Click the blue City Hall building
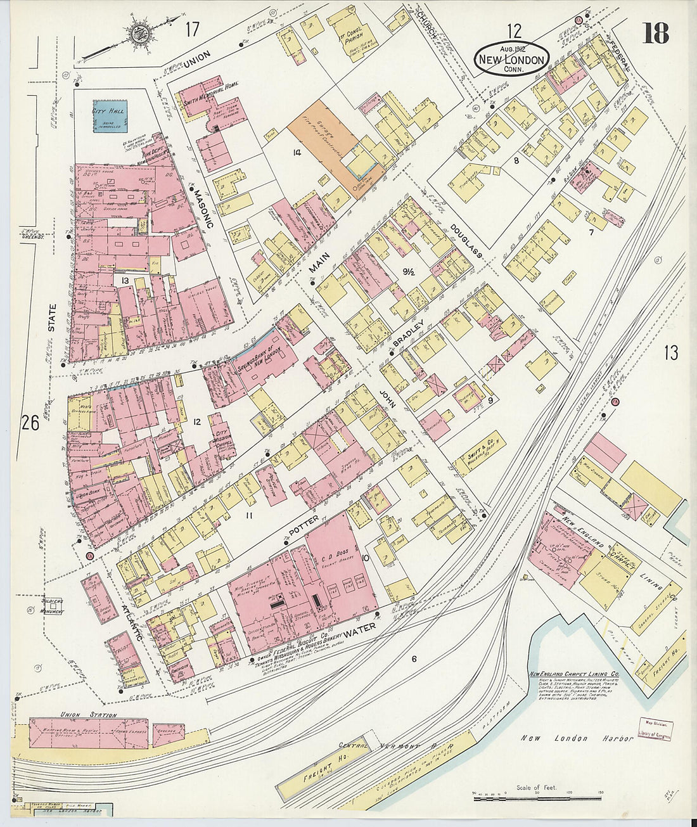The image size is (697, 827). click(x=110, y=116)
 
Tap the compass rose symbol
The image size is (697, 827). click(x=138, y=34)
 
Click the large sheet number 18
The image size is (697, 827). click(x=655, y=33)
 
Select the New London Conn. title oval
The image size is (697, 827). click(x=512, y=59)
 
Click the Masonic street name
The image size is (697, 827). click(x=203, y=208)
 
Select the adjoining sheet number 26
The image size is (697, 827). click(x=29, y=421)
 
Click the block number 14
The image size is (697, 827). click(x=295, y=152)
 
